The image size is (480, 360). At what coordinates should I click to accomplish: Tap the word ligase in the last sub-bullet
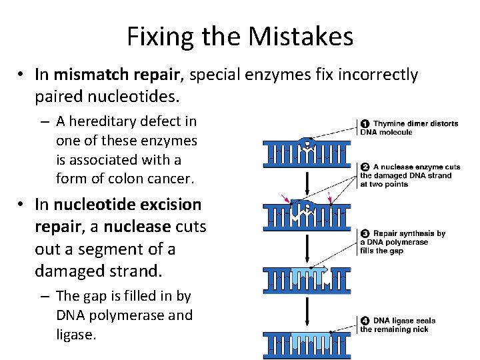tap(77, 335)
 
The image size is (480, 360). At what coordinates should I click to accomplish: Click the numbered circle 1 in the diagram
tap(365, 123)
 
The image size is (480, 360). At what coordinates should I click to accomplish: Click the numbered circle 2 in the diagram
tap(365, 167)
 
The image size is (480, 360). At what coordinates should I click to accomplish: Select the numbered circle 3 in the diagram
tap(365, 233)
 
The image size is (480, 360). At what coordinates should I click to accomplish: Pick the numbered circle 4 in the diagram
tap(365, 321)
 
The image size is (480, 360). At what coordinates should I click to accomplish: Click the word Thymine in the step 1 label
tap(389, 123)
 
